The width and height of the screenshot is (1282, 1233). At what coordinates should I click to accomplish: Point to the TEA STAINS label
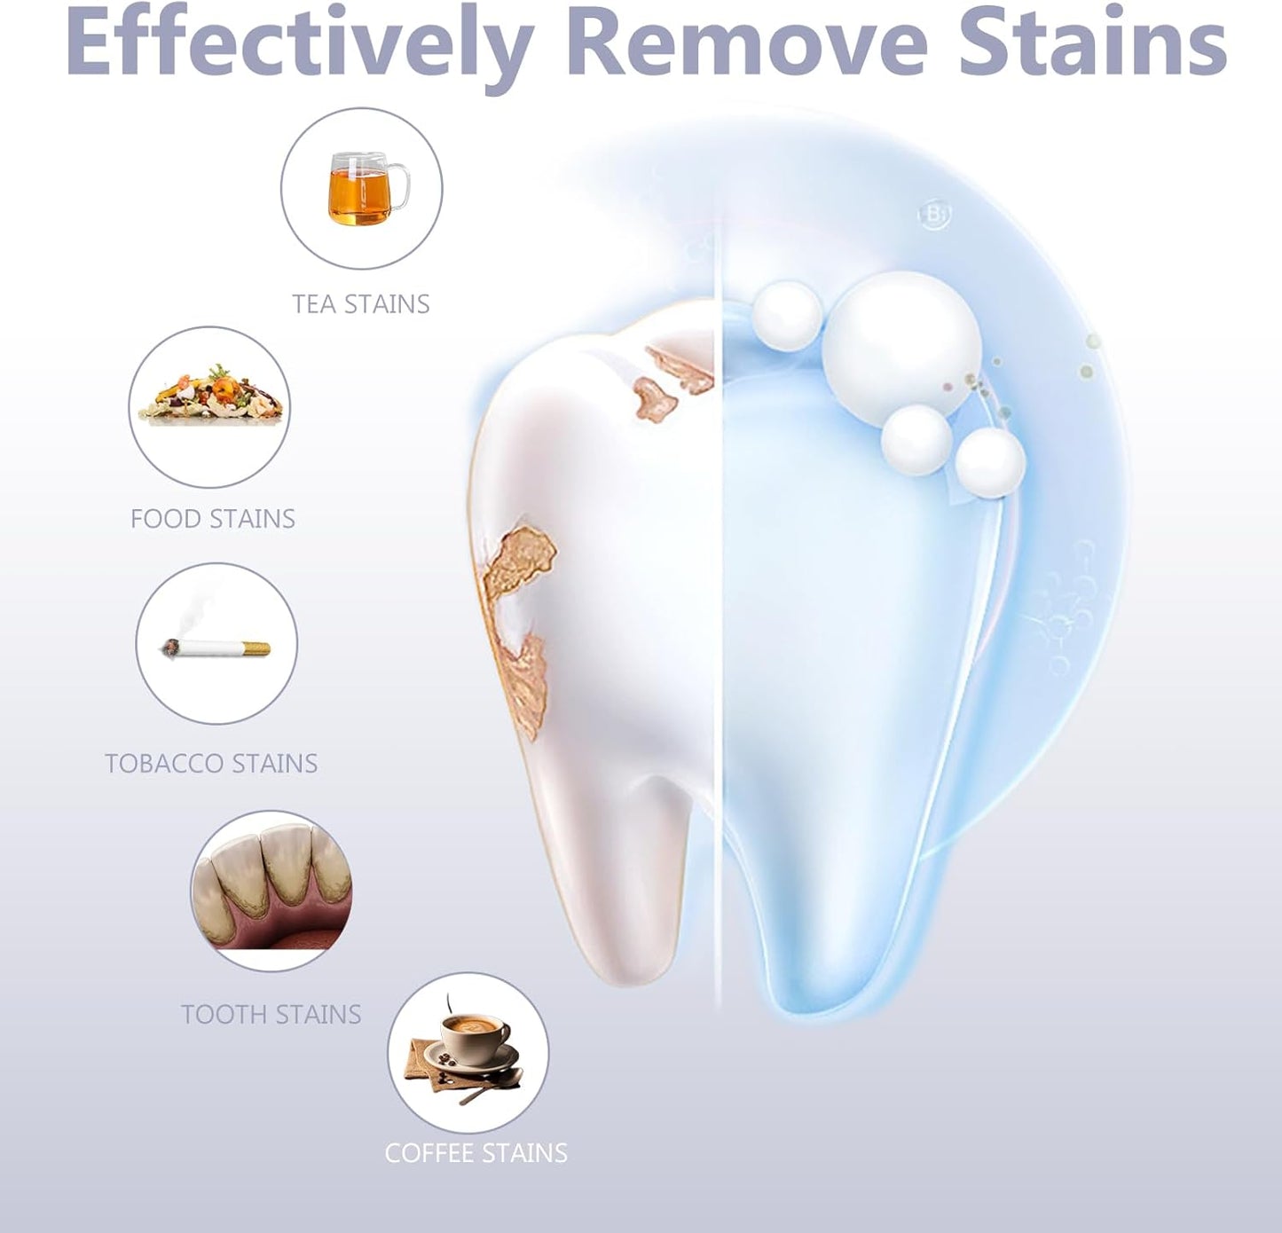coord(361,304)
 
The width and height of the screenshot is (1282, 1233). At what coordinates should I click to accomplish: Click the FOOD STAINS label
coord(213,519)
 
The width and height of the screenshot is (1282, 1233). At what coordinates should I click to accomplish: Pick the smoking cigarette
coord(216,647)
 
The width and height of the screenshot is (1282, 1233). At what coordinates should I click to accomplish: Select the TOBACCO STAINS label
coord(211,764)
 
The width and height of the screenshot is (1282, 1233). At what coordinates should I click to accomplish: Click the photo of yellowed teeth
coord(271,891)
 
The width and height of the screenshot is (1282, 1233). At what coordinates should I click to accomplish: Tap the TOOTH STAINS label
coord(271,1015)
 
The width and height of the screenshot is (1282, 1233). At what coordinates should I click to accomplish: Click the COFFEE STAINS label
coord(476,1153)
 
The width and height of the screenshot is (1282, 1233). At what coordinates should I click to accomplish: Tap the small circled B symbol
coord(932,216)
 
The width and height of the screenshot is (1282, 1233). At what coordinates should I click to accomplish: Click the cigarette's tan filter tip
coord(256,648)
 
